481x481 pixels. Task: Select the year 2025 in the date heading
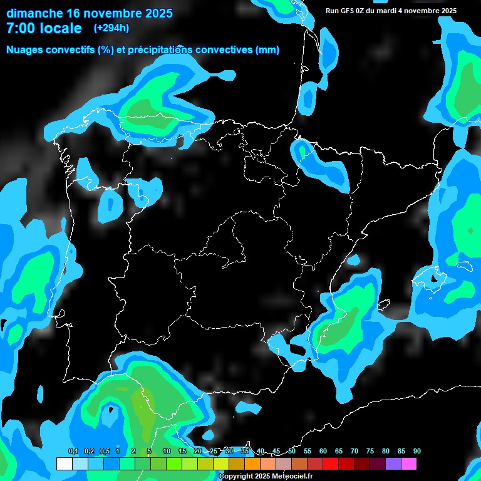tap(155, 13)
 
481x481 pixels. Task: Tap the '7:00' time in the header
tap(21, 28)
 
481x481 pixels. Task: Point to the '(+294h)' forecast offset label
tap(111, 28)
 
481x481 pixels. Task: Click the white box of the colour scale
tap(64, 464)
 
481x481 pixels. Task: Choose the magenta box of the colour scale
tap(409, 464)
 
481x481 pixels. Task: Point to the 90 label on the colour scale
tap(416, 451)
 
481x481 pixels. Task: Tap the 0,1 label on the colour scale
tap(73, 451)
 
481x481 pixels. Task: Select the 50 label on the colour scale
tap(292, 451)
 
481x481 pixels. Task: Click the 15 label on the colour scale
tap(182, 451)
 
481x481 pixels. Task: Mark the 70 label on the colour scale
tap(354, 451)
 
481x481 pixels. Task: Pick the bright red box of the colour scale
tap(331, 464)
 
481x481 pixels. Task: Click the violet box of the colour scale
tap(393, 464)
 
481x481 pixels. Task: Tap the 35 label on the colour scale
tap(244, 451)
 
